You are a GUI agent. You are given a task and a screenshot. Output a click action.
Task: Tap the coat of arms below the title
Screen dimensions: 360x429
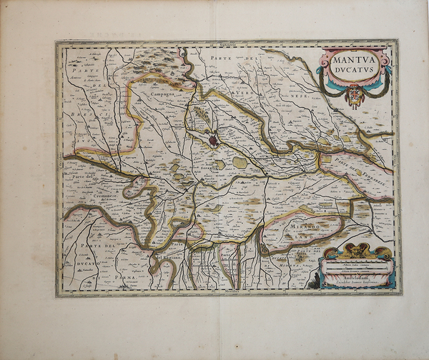click(x=354, y=95)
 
